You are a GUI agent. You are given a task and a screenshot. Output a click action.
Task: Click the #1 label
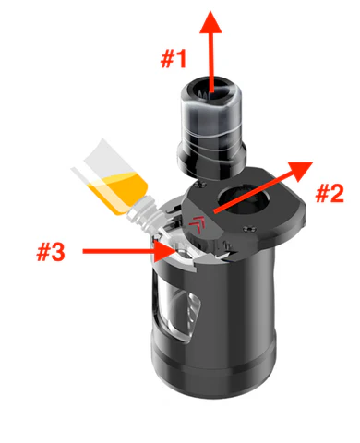(174, 59)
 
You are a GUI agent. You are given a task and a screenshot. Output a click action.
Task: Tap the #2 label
(330, 194)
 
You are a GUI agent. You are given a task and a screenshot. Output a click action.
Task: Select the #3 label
(51, 252)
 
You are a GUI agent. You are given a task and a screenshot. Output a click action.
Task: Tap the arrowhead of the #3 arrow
(165, 251)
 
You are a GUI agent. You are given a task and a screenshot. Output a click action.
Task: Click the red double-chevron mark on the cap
(198, 224)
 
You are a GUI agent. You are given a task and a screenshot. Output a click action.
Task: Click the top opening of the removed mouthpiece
(210, 89)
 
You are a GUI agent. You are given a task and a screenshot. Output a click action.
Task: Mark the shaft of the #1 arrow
(211, 62)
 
